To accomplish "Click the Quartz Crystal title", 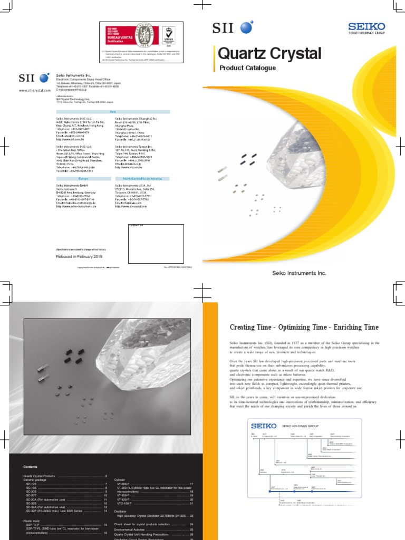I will click(269, 53).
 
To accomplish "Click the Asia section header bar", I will click(113, 112).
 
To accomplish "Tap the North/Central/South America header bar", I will click(142, 178).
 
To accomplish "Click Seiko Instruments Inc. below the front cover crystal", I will click(299, 273).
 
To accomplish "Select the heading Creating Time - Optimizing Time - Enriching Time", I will click(304, 327).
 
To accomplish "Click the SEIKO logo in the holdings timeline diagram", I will click(263, 425).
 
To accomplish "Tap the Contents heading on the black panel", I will click(31, 467).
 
